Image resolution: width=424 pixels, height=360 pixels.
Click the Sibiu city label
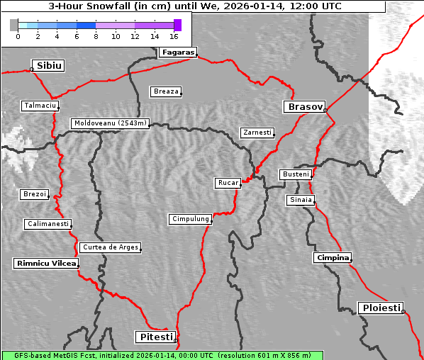(x=49, y=65)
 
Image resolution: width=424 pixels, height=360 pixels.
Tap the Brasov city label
(x=304, y=107)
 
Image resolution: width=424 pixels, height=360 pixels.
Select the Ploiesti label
(x=381, y=308)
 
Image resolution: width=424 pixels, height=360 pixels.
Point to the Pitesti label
(x=155, y=337)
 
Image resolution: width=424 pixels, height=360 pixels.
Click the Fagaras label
(x=177, y=52)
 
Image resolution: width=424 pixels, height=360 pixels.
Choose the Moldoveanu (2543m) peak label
(x=110, y=123)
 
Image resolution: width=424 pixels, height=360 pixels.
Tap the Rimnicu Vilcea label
(x=45, y=263)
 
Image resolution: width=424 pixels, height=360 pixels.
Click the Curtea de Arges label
(x=110, y=247)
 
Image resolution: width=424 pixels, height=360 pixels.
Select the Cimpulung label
(x=190, y=219)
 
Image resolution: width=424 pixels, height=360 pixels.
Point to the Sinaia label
(x=300, y=200)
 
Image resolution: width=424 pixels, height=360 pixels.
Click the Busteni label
(x=295, y=174)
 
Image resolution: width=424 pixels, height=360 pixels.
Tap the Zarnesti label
(x=257, y=133)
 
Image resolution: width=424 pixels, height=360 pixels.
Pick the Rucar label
(x=228, y=183)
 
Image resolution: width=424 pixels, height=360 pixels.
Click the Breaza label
(x=166, y=91)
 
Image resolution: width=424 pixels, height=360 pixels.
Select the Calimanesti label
(x=47, y=224)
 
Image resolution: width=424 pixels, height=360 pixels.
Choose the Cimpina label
(x=332, y=257)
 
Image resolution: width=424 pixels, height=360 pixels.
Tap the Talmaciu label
(x=38, y=106)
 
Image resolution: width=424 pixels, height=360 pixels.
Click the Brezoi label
(x=34, y=194)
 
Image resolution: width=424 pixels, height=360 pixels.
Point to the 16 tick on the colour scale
(x=174, y=35)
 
